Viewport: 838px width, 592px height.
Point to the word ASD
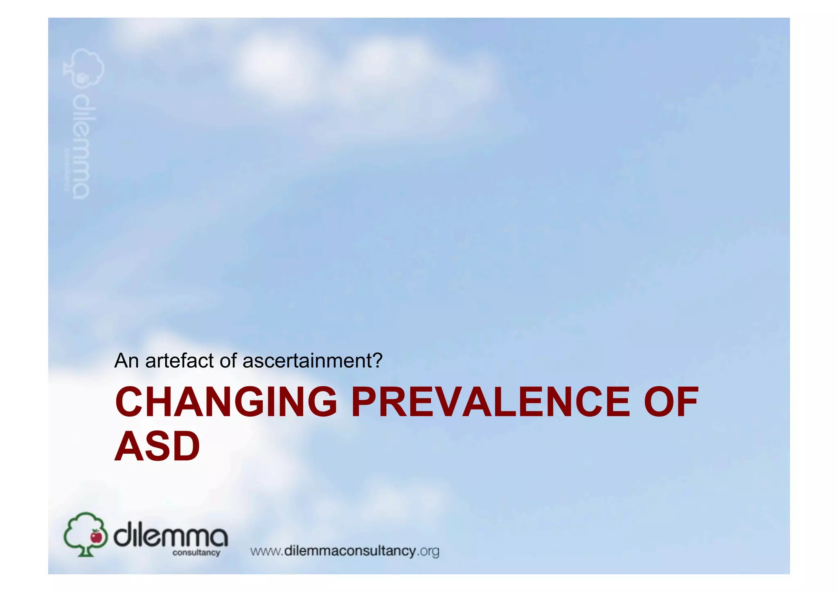(157, 446)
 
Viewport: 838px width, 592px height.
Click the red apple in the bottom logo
(97, 536)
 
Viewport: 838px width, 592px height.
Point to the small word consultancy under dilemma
(196, 553)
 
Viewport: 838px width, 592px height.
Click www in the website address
(265, 551)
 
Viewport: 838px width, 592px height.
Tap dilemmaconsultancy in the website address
(350, 551)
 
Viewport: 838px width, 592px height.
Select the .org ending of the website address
(428, 551)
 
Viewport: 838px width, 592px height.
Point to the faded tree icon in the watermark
(84, 68)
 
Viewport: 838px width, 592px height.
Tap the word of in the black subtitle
(228, 360)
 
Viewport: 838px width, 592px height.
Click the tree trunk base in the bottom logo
(85, 552)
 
